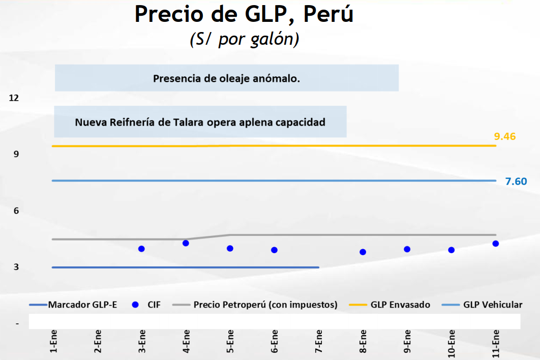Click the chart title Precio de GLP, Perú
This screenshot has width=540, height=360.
pos(244,15)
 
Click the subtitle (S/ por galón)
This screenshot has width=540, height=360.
pos(244,40)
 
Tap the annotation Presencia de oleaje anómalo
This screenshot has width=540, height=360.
pos(226,79)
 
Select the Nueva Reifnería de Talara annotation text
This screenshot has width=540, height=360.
pos(200,123)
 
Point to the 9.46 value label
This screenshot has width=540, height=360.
pos(504,136)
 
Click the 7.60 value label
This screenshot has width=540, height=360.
pos(516,182)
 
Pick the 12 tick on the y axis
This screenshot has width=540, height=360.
pos(14,98)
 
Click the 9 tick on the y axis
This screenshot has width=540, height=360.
pos(16,154)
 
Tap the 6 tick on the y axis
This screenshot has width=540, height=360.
pos(16,211)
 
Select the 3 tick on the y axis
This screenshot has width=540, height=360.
pos(16,267)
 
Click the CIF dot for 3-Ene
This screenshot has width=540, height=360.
pos(141,249)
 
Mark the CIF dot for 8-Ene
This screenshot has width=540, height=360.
pos(363,252)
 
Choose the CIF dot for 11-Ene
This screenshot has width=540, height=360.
pos(495,244)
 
